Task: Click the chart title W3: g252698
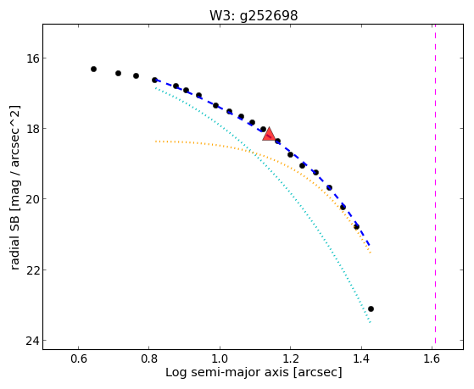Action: coord(254,15)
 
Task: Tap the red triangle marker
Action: coord(269,135)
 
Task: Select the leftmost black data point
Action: coord(94,69)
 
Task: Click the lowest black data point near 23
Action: coord(371,308)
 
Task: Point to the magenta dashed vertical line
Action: coord(435,184)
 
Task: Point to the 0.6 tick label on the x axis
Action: coord(78,358)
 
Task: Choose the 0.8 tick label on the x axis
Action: coord(149,358)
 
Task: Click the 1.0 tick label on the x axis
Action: coord(220,358)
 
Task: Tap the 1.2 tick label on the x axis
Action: coord(291,358)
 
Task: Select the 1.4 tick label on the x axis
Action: coord(361,358)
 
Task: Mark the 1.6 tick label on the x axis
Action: coord(432,358)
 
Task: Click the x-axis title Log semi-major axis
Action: coord(227,373)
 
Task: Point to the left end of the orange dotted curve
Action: coord(155,142)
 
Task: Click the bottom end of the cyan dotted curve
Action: coord(370,322)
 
